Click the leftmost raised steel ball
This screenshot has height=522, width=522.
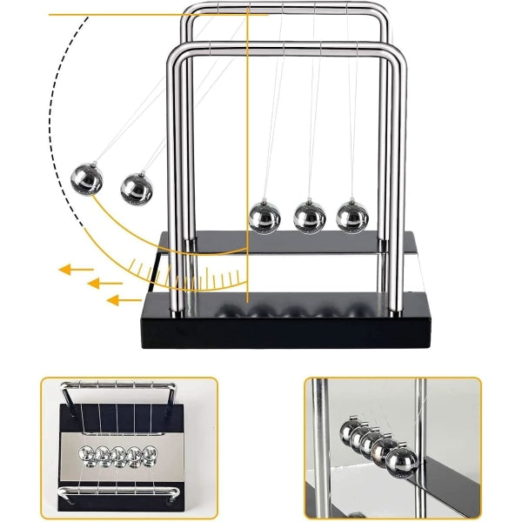(x=86, y=180)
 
